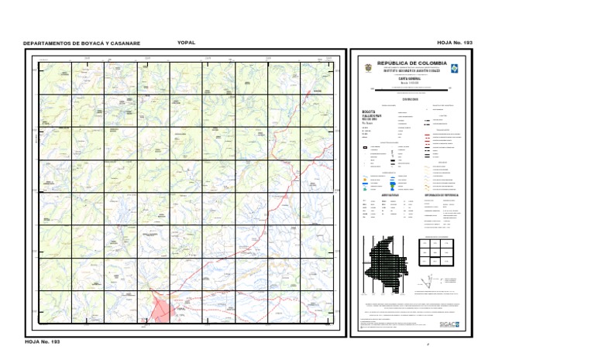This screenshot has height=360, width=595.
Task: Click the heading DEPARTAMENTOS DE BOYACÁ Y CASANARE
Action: tap(81, 43)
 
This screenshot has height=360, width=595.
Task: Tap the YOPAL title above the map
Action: tap(186, 43)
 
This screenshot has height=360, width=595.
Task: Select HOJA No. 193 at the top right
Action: tap(455, 43)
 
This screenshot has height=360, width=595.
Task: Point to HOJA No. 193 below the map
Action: tap(42, 341)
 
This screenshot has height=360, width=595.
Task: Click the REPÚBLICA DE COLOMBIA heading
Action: tap(411, 63)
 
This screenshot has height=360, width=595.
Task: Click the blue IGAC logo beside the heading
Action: tap(455, 68)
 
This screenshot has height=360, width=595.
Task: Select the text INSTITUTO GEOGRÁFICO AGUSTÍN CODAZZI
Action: tap(411, 70)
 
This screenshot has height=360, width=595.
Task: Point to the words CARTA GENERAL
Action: tap(411, 79)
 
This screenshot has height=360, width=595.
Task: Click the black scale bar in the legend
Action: tap(411, 89)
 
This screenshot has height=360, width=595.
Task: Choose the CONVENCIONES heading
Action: tap(411, 98)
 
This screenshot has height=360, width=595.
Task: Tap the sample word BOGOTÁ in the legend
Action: tap(371, 111)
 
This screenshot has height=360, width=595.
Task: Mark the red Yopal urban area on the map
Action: tap(161, 310)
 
